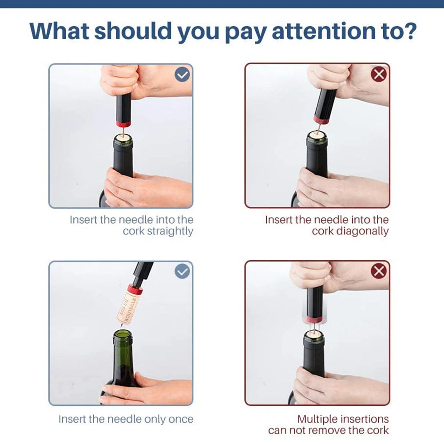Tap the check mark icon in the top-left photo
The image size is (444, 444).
click(x=182, y=75)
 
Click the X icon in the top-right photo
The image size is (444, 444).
click(x=378, y=75)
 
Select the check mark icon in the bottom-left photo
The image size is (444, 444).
click(x=182, y=271)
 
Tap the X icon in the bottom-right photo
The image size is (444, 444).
click(x=378, y=271)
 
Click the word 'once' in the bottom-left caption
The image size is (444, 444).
click(x=181, y=419)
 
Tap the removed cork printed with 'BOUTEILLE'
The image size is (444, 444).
click(x=129, y=306)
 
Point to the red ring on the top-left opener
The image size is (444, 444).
click(x=123, y=123)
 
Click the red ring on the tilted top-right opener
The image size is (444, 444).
click(x=321, y=119)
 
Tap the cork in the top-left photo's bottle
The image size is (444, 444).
click(x=123, y=139)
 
